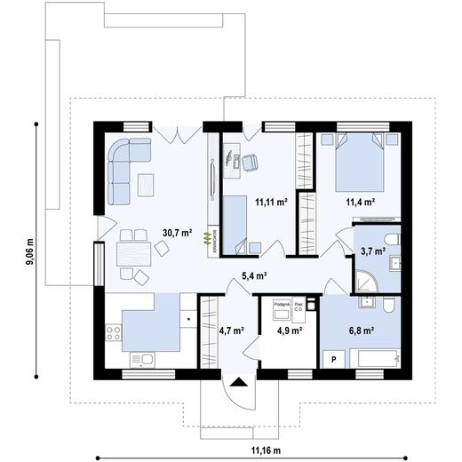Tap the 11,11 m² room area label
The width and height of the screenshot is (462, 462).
pyautogui.click(x=271, y=203)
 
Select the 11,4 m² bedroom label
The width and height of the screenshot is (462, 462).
pyautogui.click(x=359, y=203)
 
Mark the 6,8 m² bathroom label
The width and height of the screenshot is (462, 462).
pyautogui.click(x=359, y=331)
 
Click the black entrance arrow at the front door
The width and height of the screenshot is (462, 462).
pyautogui.click(x=239, y=383)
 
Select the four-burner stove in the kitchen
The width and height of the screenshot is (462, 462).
pyautogui.click(x=114, y=335)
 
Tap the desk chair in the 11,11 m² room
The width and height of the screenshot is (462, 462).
pyautogui.click(x=250, y=161)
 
